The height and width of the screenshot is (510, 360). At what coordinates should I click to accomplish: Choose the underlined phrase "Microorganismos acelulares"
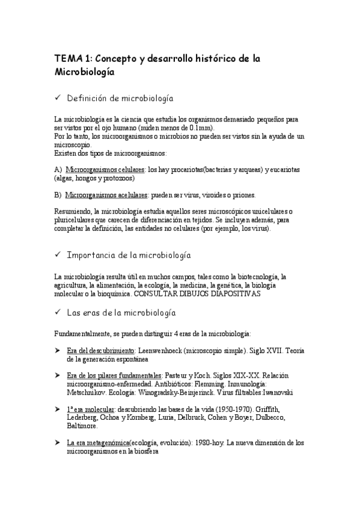pos(106,195)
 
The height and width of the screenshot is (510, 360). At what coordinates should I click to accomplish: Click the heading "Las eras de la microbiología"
pos(121,313)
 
